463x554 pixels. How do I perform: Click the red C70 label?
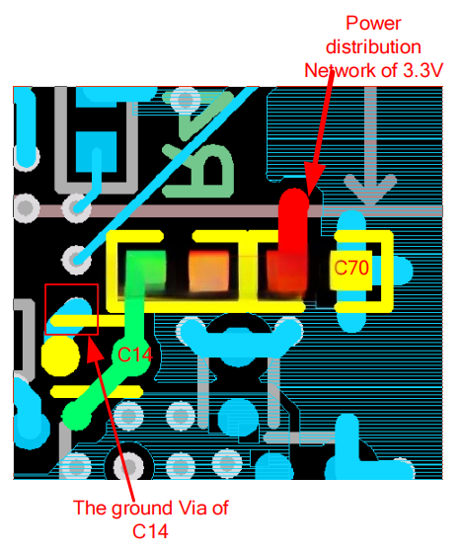point(351,268)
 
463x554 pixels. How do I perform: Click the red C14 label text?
point(135,355)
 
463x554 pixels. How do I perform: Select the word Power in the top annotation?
point(373,24)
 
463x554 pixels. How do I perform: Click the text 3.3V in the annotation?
point(423,70)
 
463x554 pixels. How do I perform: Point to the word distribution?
point(373,47)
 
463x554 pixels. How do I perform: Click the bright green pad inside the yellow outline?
point(145,270)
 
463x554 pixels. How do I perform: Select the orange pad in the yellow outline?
point(208,271)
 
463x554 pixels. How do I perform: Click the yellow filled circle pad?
point(60,356)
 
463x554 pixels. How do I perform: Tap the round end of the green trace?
point(77,415)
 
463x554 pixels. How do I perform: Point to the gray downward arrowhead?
point(370,189)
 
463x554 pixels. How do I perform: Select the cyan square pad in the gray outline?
point(97,152)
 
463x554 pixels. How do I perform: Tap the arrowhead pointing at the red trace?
point(313,179)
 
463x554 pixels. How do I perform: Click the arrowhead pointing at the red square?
point(94,352)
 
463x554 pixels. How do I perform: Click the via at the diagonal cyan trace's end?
point(76,261)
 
